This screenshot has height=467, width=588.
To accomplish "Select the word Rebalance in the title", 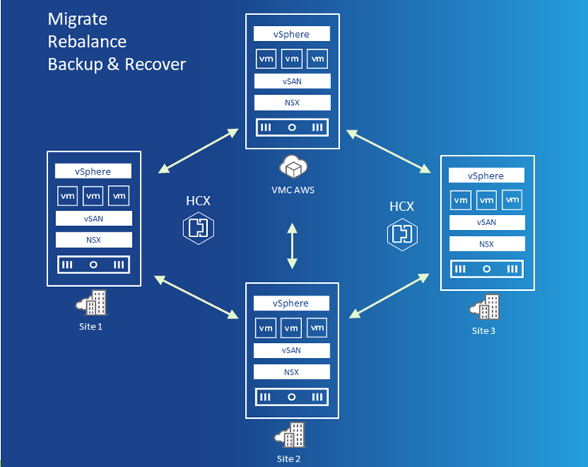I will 87,41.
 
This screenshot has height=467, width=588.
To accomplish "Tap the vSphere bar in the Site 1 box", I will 93,171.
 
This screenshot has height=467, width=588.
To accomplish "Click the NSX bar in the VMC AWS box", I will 292,103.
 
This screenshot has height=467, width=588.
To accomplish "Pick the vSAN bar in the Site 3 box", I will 486,222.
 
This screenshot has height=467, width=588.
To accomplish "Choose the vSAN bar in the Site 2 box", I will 291,350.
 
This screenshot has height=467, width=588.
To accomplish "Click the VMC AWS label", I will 292,190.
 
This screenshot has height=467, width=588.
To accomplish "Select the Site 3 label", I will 483,330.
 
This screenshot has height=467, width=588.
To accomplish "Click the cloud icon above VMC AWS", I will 292,167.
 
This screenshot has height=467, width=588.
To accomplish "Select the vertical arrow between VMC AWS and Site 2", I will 292,246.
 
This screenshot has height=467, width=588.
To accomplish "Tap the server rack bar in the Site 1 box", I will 93,265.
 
